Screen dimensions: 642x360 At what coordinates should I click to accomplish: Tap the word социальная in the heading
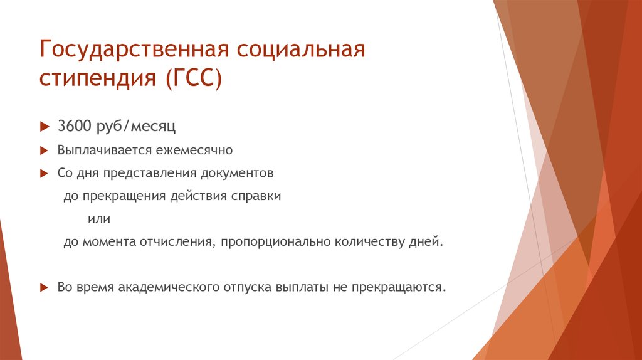(301, 49)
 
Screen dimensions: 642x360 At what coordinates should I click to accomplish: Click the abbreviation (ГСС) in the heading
(194, 78)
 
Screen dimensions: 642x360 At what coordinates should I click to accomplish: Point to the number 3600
(75, 125)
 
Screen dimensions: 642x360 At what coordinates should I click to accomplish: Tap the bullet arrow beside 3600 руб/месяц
(45, 127)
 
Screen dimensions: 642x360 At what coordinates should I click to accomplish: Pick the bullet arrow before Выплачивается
(45, 151)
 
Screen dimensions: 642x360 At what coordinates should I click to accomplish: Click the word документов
(237, 174)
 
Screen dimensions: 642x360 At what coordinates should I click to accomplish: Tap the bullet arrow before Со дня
(45, 174)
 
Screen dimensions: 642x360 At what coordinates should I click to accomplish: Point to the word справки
(256, 196)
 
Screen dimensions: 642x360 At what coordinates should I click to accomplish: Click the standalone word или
(99, 219)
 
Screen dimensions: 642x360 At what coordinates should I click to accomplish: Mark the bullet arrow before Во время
(45, 287)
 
